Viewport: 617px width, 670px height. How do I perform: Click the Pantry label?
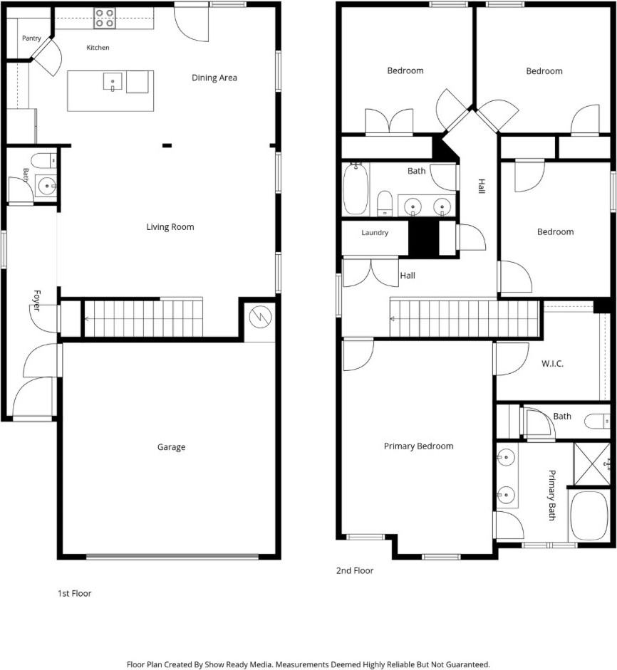pyautogui.click(x=31, y=38)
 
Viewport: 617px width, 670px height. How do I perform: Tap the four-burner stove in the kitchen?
pyautogui.click(x=105, y=19)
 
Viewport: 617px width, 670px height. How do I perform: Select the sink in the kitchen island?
pyautogui.click(x=113, y=81)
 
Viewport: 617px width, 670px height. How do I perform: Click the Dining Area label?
pyautogui.click(x=214, y=78)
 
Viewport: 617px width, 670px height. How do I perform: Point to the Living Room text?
pyautogui.click(x=170, y=227)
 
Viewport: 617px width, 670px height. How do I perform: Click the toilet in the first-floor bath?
pyautogui.click(x=44, y=161)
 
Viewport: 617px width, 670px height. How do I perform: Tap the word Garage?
pyautogui.click(x=172, y=447)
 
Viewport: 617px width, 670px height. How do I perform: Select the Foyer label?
pyautogui.click(x=37, y=300)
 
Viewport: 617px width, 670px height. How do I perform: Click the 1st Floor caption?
pyautogui.click(x=74, y=593)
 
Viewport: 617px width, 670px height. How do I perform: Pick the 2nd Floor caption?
pyautogui.click(x=355, y=570)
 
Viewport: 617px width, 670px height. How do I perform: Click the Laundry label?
pyautogui.click(x=375, y=233)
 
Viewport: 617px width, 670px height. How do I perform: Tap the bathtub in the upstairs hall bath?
pyautogui.click(x=356, y=189)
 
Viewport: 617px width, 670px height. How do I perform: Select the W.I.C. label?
pyautogui.click(x=552, y=364)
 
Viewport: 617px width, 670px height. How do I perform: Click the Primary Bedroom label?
pyautogui.click(x=419, y=446)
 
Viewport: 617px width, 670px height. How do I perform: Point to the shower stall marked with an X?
pyautogui.click(x=592, y=464)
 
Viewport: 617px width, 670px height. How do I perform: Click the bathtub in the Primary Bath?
pyautogui.click(x=589, y=515)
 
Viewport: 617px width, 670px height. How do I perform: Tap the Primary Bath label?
pyautogui.click(x=552, y=496)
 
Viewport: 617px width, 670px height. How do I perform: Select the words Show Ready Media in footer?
pyautogui.click(x=238, y=664)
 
